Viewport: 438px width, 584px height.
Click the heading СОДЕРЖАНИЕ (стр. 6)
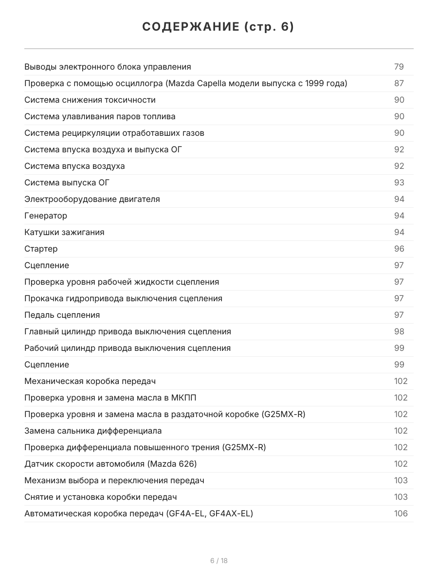(219, 27)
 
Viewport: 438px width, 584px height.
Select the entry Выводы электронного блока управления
(108, 67)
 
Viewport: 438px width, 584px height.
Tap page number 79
(399, 67)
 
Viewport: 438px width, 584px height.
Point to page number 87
(399, 83)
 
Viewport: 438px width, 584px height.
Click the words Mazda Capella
(194, 83)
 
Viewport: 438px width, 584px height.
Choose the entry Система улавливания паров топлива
(100, 116)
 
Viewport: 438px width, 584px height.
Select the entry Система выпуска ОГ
(67, 182)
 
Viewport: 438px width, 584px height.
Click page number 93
(399, 182)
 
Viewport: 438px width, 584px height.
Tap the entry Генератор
(46, 216)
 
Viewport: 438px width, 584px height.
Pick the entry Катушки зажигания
(64, 232)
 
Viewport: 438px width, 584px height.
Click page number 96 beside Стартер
(399, 249)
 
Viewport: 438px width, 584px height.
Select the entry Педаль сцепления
(62, 315)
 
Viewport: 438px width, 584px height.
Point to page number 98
(399, 331)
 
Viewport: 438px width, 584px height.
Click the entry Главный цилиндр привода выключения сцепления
(128, 331)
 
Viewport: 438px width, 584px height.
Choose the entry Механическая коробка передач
(90, 381)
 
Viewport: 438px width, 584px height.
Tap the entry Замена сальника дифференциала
(93, 431)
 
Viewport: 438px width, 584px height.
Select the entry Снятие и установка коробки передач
(100, 497)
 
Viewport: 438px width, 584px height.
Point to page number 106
(401, 513)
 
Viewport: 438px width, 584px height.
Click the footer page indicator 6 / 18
(219, 561)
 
